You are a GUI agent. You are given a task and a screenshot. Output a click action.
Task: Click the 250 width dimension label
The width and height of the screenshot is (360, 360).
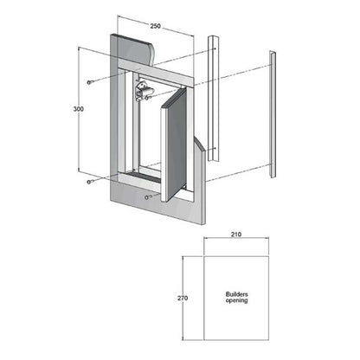155,26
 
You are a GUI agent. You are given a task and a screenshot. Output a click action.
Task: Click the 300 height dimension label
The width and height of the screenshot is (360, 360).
79,109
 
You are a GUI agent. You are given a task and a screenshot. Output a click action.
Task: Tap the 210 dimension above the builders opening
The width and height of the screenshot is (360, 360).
236,235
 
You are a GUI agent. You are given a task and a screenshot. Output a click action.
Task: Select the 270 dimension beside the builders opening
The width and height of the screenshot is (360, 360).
183,298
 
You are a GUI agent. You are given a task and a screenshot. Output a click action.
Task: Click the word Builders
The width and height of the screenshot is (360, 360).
237,294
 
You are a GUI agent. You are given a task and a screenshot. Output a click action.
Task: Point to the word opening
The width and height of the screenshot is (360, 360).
237,300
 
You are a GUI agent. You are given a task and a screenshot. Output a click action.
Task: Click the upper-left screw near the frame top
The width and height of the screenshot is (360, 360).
89,82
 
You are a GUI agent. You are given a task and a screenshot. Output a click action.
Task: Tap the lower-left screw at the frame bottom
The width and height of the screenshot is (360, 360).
89,182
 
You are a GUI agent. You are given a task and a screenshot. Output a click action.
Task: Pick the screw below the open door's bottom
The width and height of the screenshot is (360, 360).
147,197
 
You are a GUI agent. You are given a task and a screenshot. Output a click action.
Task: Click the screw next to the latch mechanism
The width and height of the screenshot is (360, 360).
147,99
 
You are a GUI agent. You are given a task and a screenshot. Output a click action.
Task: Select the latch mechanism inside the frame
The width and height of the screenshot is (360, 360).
142,91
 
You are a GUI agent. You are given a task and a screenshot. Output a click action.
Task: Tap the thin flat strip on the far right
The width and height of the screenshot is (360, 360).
273,114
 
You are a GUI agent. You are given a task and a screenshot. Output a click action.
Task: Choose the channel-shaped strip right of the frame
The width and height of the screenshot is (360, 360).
214,98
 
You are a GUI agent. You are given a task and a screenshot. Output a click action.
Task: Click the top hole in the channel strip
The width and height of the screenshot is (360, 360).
215,48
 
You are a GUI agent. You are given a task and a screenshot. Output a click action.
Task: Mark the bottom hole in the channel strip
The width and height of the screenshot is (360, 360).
215,149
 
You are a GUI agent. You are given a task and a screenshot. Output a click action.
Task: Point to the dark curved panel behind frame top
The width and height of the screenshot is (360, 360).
136,49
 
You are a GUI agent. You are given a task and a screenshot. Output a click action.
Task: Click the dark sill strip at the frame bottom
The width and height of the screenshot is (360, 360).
143,176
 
